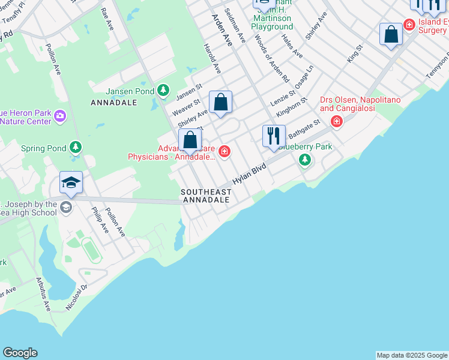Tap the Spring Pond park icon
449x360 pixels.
(x=75, y=147)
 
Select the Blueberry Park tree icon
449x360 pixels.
(x=306, y=160)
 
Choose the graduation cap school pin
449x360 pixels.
(x=71, y=182)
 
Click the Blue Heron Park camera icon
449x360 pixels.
(x=59, y=116)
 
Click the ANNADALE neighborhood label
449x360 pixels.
(x=114, y=103)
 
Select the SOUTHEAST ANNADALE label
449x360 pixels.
(x=206, y=195)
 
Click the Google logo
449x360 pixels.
(x=20, y=353)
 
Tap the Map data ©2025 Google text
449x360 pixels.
(x=412, y=355)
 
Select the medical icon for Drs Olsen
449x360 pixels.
(x=336, y=122)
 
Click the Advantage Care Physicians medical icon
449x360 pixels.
(x=224, y=151)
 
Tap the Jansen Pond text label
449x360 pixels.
(x=130, y=91)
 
